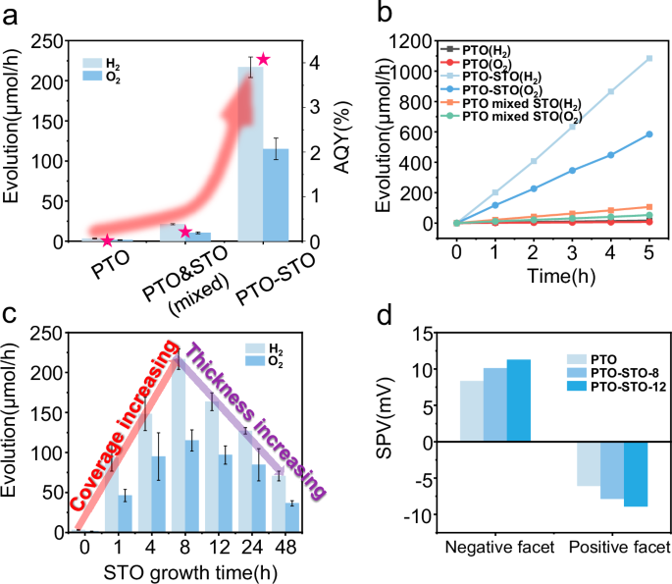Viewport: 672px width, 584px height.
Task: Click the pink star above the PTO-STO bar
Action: pos(262,61)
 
